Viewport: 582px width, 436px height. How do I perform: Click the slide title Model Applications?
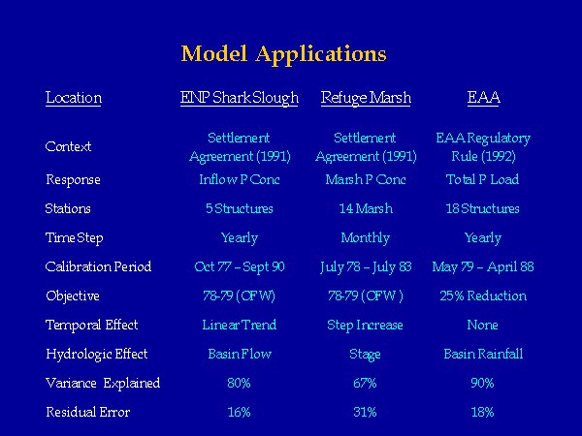(x=284, y=54)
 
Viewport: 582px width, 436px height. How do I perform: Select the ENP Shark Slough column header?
(x=240, y=98)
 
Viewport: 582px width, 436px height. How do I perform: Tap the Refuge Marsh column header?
(x=366, y=98)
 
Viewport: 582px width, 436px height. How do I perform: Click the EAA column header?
(x=484, y=98)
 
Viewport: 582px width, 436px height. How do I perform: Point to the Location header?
(x=74, y=98)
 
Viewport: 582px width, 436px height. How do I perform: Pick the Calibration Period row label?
(x=98, y=267)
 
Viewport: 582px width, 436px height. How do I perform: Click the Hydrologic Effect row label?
(x=97, y=355)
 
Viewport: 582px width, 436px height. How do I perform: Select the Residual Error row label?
(x=88, y=413)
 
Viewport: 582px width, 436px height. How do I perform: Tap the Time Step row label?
(x=75, y=238)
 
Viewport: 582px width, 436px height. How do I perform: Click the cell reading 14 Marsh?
(x=366, y=208)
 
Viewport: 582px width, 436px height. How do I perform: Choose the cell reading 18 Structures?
(x=482, y=208)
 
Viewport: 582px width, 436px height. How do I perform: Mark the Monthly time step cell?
(x=366, y=238)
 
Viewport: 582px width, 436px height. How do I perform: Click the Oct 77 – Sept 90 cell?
(x=240, y=267)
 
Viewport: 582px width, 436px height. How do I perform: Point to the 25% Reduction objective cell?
(x=483, y=296)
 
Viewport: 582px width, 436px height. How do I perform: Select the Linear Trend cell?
(x=240, y=326)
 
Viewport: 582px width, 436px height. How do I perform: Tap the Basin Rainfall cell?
(x=483, y=354)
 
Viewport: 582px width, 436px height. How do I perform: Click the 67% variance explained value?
(x=366, y=383)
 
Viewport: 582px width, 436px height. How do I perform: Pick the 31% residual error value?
(x=366, y=413)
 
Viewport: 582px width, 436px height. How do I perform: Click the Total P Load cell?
(x=482, y=180)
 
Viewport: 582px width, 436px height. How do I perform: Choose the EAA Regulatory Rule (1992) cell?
(x=483, y=147)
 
